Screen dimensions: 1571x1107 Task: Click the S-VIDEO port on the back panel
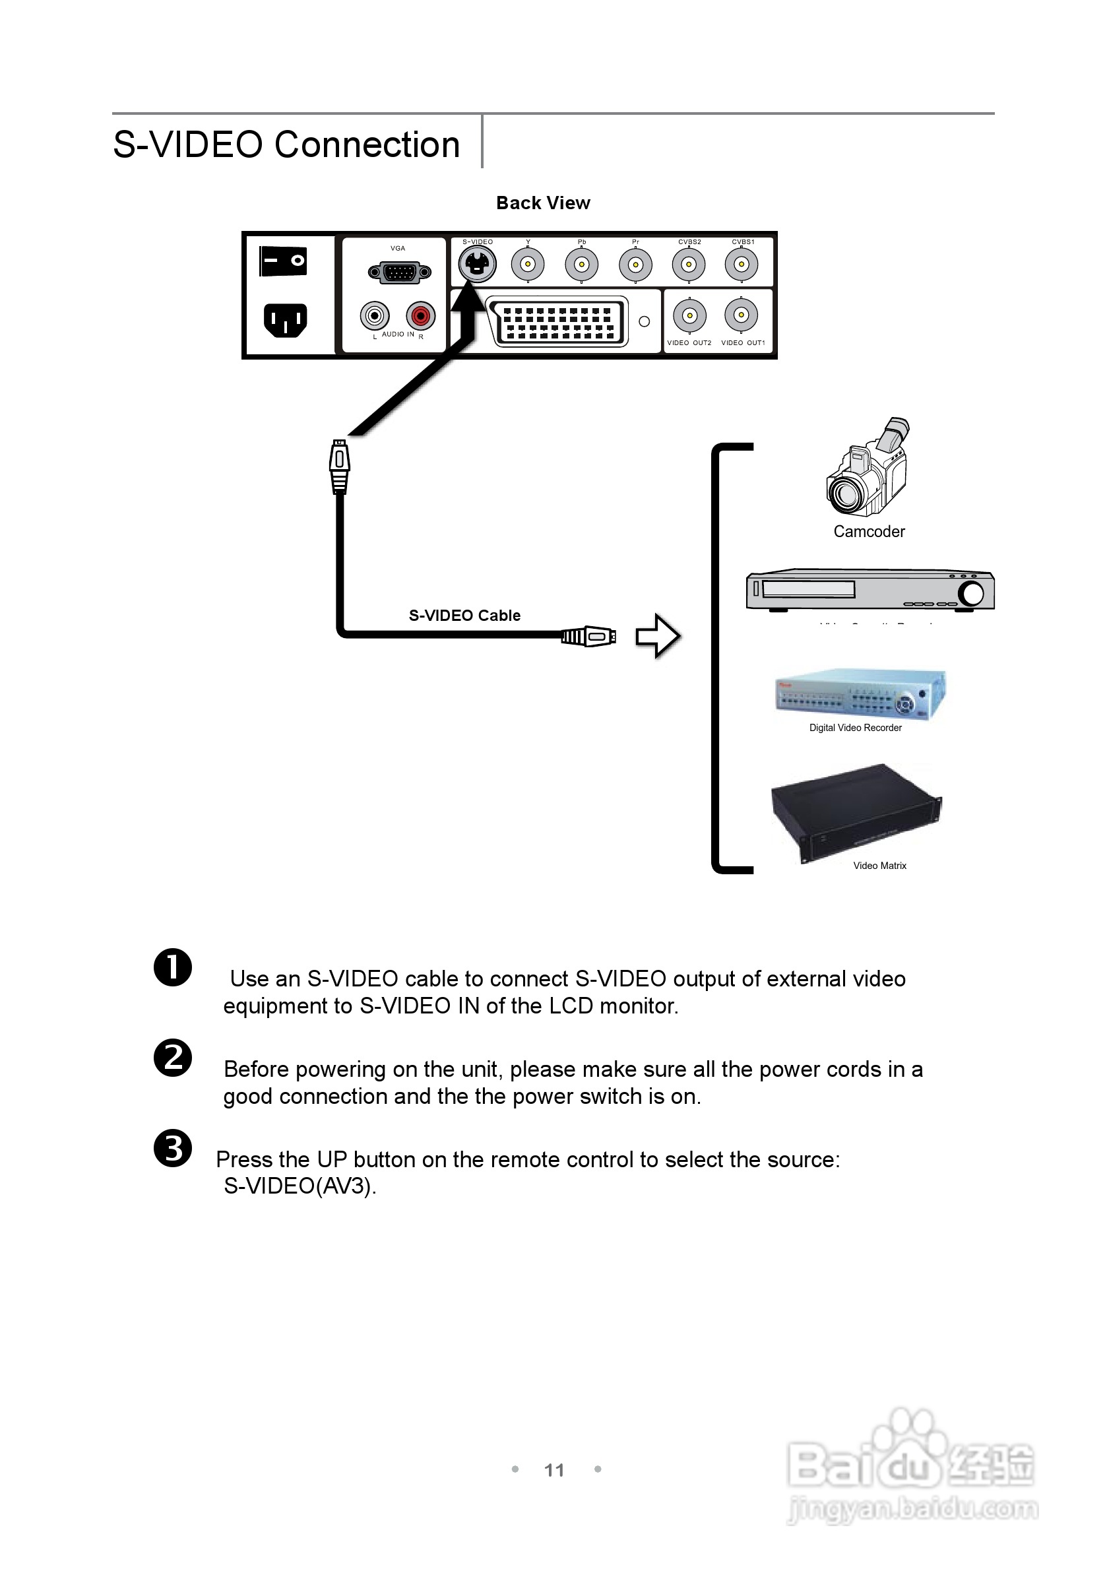click(477, 263)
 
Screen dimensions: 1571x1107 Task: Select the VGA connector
click(400, 273)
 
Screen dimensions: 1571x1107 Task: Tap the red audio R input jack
click(420, 315)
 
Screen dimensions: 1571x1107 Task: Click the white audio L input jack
click(374, 315)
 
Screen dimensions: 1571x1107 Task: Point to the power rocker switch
click(283, 261)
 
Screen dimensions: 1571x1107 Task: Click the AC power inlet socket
click(285, 320)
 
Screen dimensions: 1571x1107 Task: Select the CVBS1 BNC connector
click(742, 264)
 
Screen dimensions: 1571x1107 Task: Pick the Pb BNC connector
click(582, 264)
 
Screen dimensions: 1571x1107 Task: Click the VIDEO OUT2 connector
click(689, 315)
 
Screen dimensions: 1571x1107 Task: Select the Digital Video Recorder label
click(855, 728)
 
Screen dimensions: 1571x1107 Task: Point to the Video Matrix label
click(879, 866)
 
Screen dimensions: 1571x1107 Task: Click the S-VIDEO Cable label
click(464, 615)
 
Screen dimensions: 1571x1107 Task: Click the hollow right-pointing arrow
click(657, 636)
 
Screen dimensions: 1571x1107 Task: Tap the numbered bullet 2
click(172, 1058)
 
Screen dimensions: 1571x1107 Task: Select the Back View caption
click(542, 203)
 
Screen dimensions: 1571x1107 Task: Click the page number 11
click(554, 1470)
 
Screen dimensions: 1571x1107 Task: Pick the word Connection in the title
click(367, 144)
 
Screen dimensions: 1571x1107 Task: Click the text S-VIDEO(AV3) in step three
click(300, 1186)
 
